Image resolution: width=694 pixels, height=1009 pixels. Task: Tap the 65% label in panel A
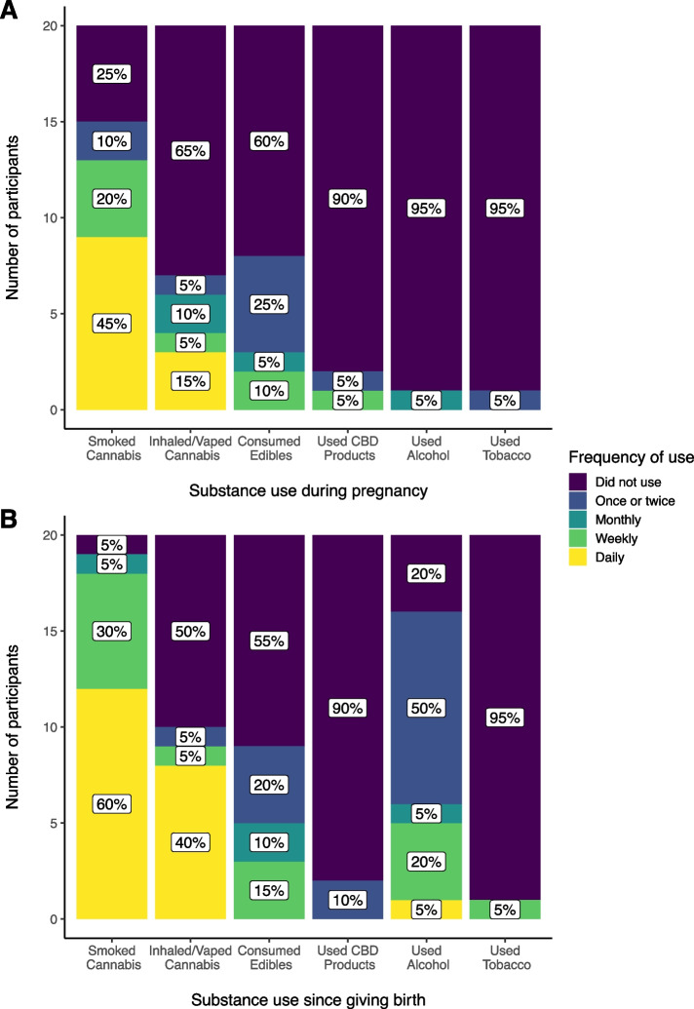point(190,151)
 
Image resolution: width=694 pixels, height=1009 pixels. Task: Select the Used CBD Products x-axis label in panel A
point(347,439)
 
